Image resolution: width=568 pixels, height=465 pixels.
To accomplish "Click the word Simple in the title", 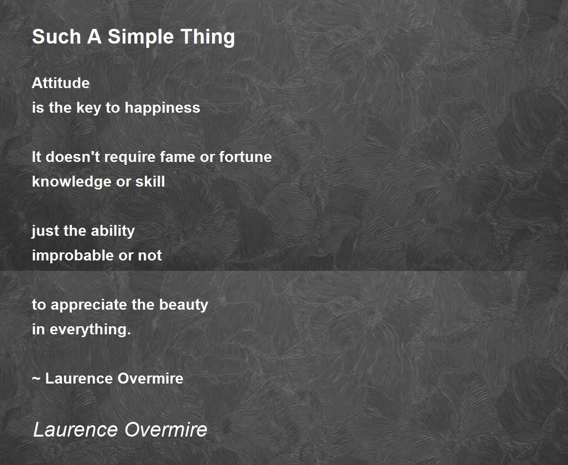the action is tap(141, 37).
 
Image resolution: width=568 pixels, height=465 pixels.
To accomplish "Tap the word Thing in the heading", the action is tap(208, 37).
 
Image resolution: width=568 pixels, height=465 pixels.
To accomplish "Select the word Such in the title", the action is tap(56, 36).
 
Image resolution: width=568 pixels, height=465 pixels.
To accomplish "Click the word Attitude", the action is tap(61, 83).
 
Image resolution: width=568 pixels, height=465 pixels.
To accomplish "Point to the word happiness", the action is tap(162, 108).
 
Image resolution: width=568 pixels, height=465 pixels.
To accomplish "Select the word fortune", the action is tap(245, 157).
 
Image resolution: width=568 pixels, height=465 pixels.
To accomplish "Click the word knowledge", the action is tap(71, 182).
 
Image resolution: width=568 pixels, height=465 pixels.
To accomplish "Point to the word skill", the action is tap(150, 181).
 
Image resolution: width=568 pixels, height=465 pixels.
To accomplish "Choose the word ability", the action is tap(113, 232).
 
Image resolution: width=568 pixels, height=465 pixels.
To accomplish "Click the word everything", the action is tap(90, 330).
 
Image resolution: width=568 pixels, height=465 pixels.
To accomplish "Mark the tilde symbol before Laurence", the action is tap(36, 379).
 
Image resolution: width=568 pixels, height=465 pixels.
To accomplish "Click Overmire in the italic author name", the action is tap(166, 429).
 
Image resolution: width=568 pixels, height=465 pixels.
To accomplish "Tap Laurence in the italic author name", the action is tap(76, 429).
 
